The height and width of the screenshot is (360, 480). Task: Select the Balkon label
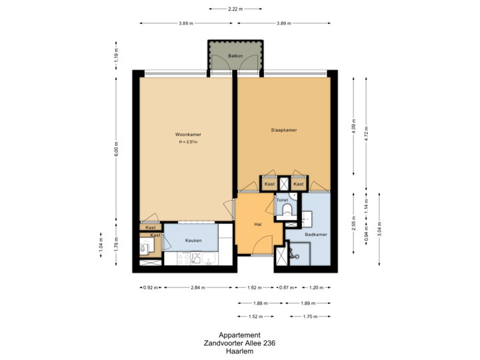coord(235,56)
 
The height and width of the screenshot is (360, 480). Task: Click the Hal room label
coord(257,225)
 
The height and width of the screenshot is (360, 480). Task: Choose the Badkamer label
coord(315,235)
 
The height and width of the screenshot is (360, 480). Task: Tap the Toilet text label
coord(282,199)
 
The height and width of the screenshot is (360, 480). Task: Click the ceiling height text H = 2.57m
coord(189,142)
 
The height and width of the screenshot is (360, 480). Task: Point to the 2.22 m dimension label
coord(234,9)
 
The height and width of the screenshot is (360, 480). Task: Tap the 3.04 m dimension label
coord(380,228)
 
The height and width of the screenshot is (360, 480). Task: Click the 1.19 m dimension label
coord(116,53)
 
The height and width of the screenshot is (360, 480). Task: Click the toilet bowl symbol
coord(287,211)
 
